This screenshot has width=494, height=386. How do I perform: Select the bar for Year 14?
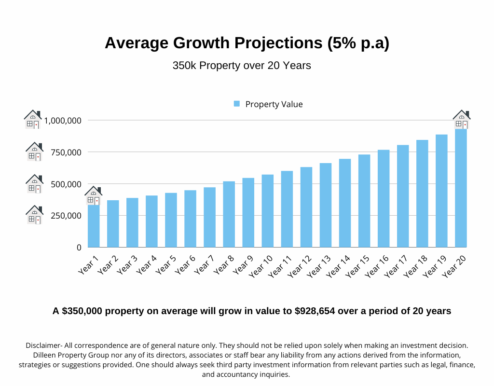click(x=345, y=203)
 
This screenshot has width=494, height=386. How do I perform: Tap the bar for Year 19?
click(x=441, y=191)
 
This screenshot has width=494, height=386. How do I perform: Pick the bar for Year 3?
click(x=132, y=222)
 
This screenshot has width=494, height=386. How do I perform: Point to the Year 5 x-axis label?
click(x=165, y=264)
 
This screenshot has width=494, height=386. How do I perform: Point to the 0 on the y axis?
click(x=79, y=248)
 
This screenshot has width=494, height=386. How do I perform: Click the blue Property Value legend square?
click(x=237, y=104)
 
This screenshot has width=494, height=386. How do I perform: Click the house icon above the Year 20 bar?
click(x=461, y=120)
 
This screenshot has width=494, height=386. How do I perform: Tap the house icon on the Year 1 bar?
click(x=93, y=195)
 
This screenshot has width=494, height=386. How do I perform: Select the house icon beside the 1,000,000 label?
click(x=33, y=119)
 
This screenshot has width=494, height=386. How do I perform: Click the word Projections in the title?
click(x=278, y=43)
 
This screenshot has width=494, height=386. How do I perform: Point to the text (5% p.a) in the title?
click(x=358, y=43)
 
